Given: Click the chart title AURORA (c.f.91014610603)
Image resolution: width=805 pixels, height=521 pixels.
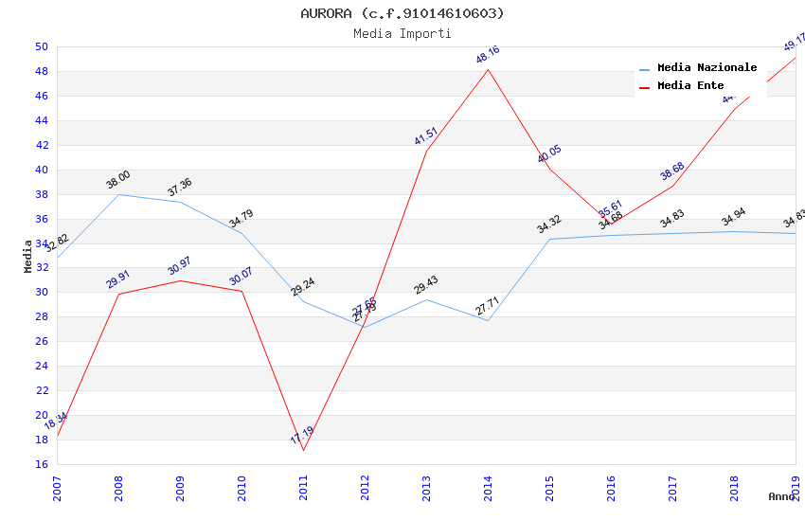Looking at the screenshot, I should (402, 13).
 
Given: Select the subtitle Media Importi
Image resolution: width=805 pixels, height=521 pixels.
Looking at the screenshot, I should (402, 33).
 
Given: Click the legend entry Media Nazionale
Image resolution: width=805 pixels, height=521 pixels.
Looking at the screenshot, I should (707, 67).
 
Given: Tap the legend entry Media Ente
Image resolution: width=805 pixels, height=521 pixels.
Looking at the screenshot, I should (690, 85).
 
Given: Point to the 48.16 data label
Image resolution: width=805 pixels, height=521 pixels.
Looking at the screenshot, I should (488, 55).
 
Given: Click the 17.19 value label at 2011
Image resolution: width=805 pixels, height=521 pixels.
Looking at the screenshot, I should (302, 436).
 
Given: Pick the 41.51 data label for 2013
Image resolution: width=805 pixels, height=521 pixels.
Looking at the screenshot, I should (426, 136).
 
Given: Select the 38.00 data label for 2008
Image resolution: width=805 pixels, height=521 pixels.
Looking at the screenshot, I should (118, 180).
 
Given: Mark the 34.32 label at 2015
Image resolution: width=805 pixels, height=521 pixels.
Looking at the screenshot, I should (549, 225).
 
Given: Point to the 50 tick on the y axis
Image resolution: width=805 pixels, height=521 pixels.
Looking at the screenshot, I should (41, 46).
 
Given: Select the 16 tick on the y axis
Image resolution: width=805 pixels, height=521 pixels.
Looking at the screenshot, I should (41, 464).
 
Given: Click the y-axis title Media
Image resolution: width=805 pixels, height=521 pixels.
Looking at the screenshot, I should (28, 256).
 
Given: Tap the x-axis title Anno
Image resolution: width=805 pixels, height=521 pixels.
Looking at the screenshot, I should (781, 496).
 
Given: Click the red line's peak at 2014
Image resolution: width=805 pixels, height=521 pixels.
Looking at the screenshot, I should (488, 69).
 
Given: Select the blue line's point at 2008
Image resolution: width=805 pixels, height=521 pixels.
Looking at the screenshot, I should (118, 194).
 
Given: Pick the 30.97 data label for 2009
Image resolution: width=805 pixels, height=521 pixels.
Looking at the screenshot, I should (180, 266).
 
